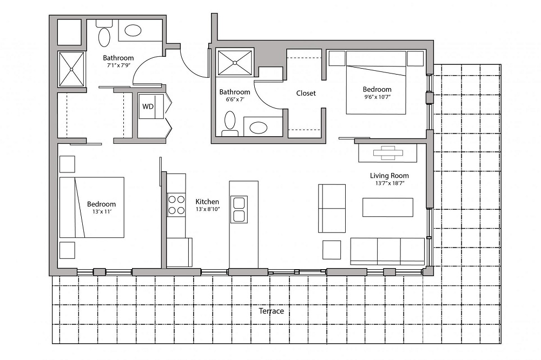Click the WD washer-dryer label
(x=147, y=106)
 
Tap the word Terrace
(x=271, y=311)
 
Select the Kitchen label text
(x=207, y=201)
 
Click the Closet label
(x=306, y=93)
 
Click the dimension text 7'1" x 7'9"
(x=118, y=66)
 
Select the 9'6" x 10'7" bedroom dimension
(x=377, y=97)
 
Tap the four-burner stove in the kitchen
(x=176, y=205)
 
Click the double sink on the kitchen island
(x=239, y=209)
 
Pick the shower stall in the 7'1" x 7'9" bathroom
(x=71, y=69)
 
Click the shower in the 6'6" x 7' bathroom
(x=235, y=63)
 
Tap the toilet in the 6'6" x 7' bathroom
(x=230, y=123)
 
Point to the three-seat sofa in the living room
(x=387, y=251)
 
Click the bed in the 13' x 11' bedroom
(x=92, y=207)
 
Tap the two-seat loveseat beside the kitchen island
(x=332, y=208)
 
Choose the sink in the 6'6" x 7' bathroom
(x=258, y=128)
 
